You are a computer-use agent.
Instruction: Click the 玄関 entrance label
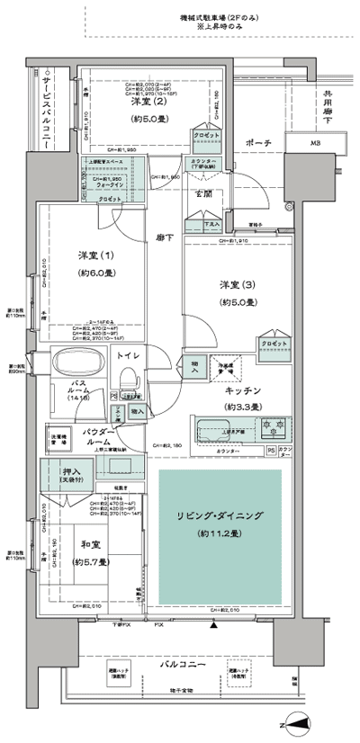pyautogui.click(x=202, y=193)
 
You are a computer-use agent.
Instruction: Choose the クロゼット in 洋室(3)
pyautogui.click(x=274, y=345)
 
